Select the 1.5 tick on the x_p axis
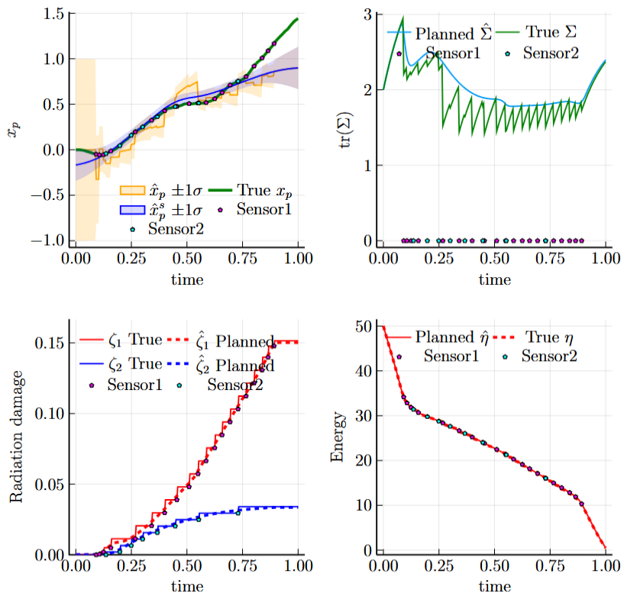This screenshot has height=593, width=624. click(51, 14)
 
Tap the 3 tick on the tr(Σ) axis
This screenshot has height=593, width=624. click(367, 15)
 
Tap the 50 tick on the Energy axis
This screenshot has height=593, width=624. click(365, 326)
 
